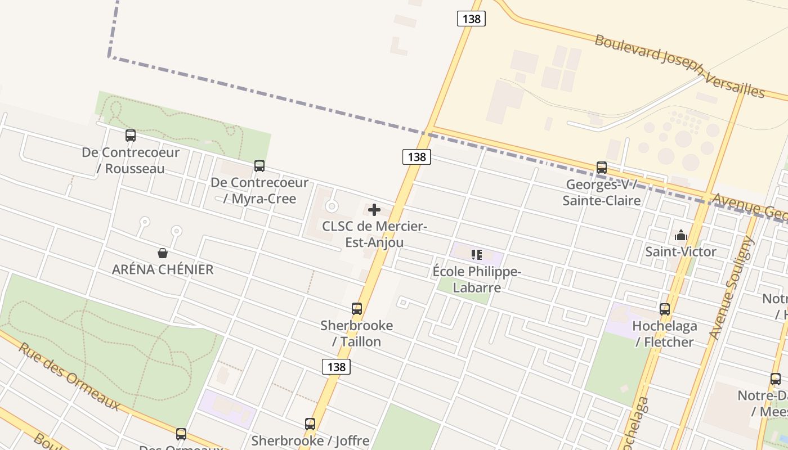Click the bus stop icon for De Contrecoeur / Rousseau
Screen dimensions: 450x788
point(131,136)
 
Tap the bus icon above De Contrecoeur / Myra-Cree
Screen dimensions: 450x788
point(259,166)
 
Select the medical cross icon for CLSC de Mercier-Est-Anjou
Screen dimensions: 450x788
point(374,210)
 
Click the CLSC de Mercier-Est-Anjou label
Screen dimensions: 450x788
point(374,235)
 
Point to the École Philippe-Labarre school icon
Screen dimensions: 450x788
point(477,255)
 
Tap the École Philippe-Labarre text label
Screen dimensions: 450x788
point(477,280)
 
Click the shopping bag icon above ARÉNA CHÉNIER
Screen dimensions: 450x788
point(163,253)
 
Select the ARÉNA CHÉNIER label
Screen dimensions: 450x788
point(163,269)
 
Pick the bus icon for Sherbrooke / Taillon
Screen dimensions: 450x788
point(357,309)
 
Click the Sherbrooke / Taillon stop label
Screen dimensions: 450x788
point(357,334)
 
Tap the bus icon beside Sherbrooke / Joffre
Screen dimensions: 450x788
point(310,424)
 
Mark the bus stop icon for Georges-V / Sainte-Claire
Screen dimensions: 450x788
point(602,168)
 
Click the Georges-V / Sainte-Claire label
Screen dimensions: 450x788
point(602,192)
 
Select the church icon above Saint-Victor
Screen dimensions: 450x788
point(681,235)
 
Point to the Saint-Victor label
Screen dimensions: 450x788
point(681,251)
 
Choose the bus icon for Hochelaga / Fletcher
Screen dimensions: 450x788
point(665,309)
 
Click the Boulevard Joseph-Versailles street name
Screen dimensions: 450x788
point(680,66)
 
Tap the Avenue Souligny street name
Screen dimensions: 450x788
point(731,288)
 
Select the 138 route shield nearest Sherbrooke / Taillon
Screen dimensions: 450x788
point(336,367)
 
